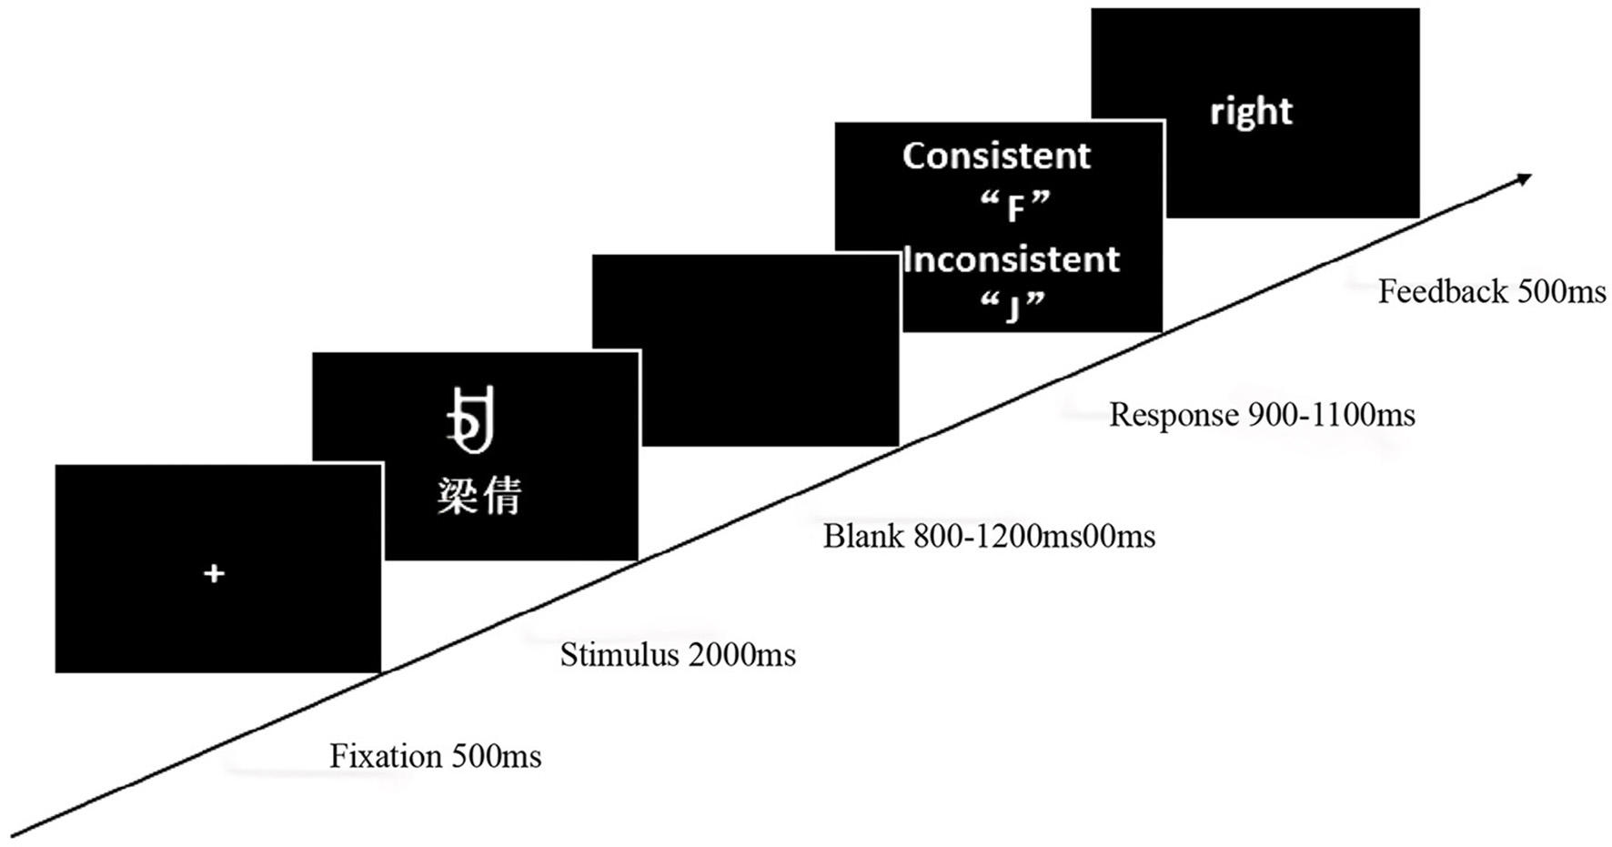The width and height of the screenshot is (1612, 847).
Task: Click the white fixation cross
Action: coord(214,573)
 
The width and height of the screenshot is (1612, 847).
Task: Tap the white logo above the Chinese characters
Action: coord(472,420)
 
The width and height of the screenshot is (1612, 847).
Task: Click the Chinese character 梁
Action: coord(457,497)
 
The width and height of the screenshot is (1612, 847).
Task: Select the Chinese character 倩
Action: coord(503,497)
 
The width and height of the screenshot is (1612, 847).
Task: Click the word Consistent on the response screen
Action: coord(996,156)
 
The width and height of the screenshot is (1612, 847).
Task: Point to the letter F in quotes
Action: coord(1016,210)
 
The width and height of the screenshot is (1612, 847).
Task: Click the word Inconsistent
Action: coord(1012,260)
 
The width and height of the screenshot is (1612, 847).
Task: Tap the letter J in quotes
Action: coord(1013,309)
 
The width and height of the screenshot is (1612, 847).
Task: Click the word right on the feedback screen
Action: coord(1251,112)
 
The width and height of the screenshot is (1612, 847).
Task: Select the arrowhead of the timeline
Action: coord(1523,178)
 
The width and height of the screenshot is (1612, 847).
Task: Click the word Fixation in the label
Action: coord(385,756)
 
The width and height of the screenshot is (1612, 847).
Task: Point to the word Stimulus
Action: coord(620,655)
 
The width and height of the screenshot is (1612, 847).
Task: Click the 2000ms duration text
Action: coord(742,655)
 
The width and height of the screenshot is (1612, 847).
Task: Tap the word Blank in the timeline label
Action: coord(863,536)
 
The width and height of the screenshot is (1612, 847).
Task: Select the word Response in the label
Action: coord(1174,415)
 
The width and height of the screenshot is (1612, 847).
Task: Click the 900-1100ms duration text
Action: coord(1331,415)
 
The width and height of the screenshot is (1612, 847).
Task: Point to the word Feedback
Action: coord(1442,291)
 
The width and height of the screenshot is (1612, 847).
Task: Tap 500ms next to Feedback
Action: coord(1561,291)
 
